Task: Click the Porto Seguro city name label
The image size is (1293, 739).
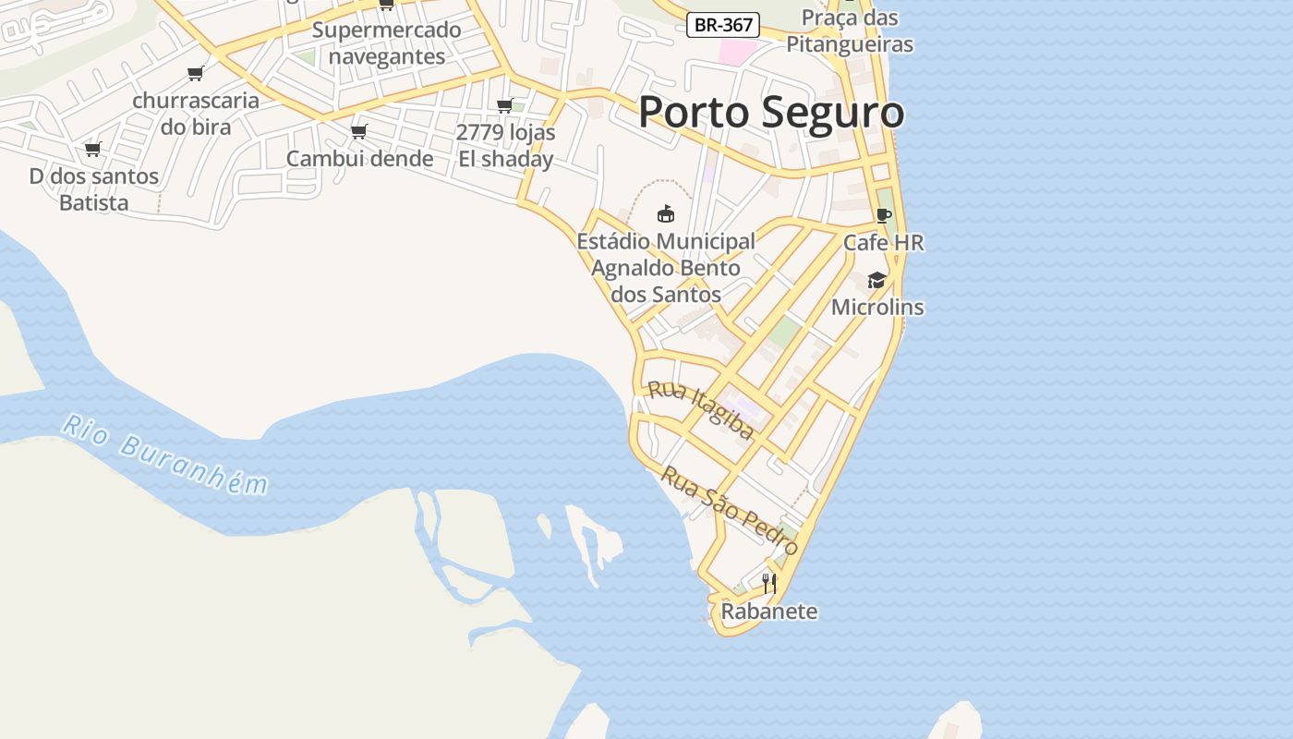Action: pos(771,113)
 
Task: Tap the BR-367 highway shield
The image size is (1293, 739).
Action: pos(723,25)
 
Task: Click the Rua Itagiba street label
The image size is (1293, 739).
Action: pos(701,408)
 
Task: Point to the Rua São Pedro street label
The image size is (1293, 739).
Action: pos(730,510)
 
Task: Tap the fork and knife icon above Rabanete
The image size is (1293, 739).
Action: pos(768,583)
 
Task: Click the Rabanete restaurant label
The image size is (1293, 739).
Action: pos(768,612)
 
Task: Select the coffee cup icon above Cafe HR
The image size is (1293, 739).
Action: pos(883,215)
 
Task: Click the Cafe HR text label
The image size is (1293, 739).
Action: pos(883,243)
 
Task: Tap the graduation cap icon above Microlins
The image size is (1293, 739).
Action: pos(876,280)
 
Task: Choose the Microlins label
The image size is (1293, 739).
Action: pos(877,307)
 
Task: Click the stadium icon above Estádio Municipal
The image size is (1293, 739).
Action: pos(665,213)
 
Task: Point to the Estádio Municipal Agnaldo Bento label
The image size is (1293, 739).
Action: pos(666,268)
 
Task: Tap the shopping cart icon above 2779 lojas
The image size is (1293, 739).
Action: pos(505,105)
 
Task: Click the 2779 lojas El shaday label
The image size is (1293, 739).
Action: pos(506,146)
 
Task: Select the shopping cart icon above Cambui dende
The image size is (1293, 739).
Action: pos(359,131)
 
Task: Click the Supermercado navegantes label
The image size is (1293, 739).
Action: pos(386,43)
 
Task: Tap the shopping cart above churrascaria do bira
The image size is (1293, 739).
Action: pos(195,73)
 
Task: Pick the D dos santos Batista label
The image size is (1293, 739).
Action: pos(94,189)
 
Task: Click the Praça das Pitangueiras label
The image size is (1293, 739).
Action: pos(849,30)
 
